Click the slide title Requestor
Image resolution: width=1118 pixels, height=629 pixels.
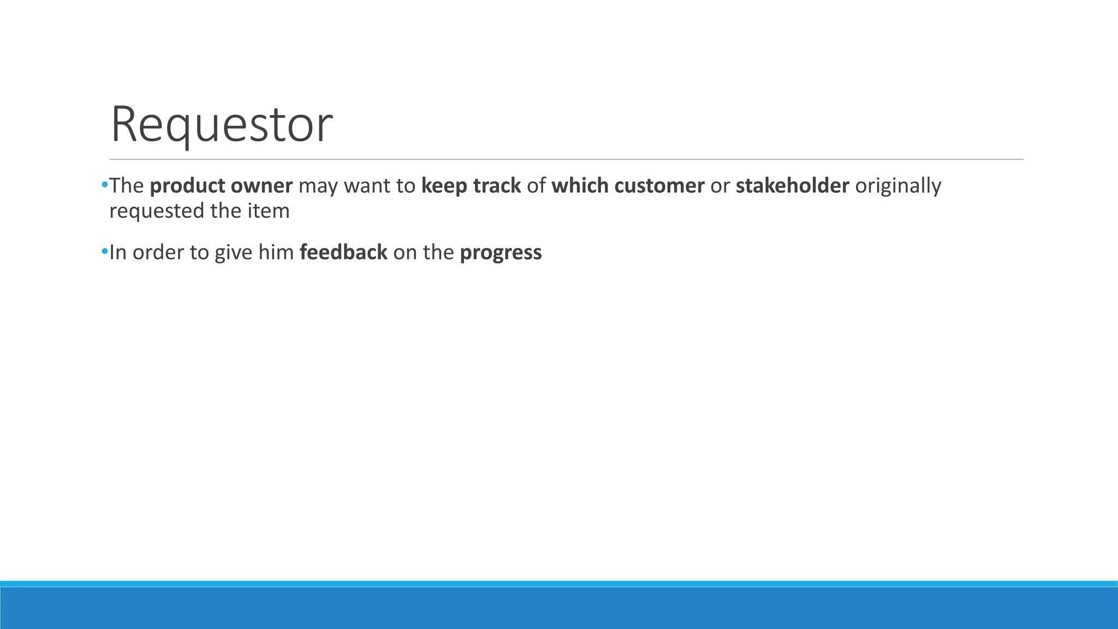point(221,125)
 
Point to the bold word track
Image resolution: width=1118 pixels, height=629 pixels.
point(497,186)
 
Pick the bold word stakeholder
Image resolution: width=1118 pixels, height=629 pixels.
point(792,186)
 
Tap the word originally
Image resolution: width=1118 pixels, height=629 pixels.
point(898,187)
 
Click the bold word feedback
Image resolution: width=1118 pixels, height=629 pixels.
point(343,253)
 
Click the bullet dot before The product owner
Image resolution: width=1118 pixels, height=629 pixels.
point(104,186)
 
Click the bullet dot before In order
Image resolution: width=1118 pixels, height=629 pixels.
point(104,252)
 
